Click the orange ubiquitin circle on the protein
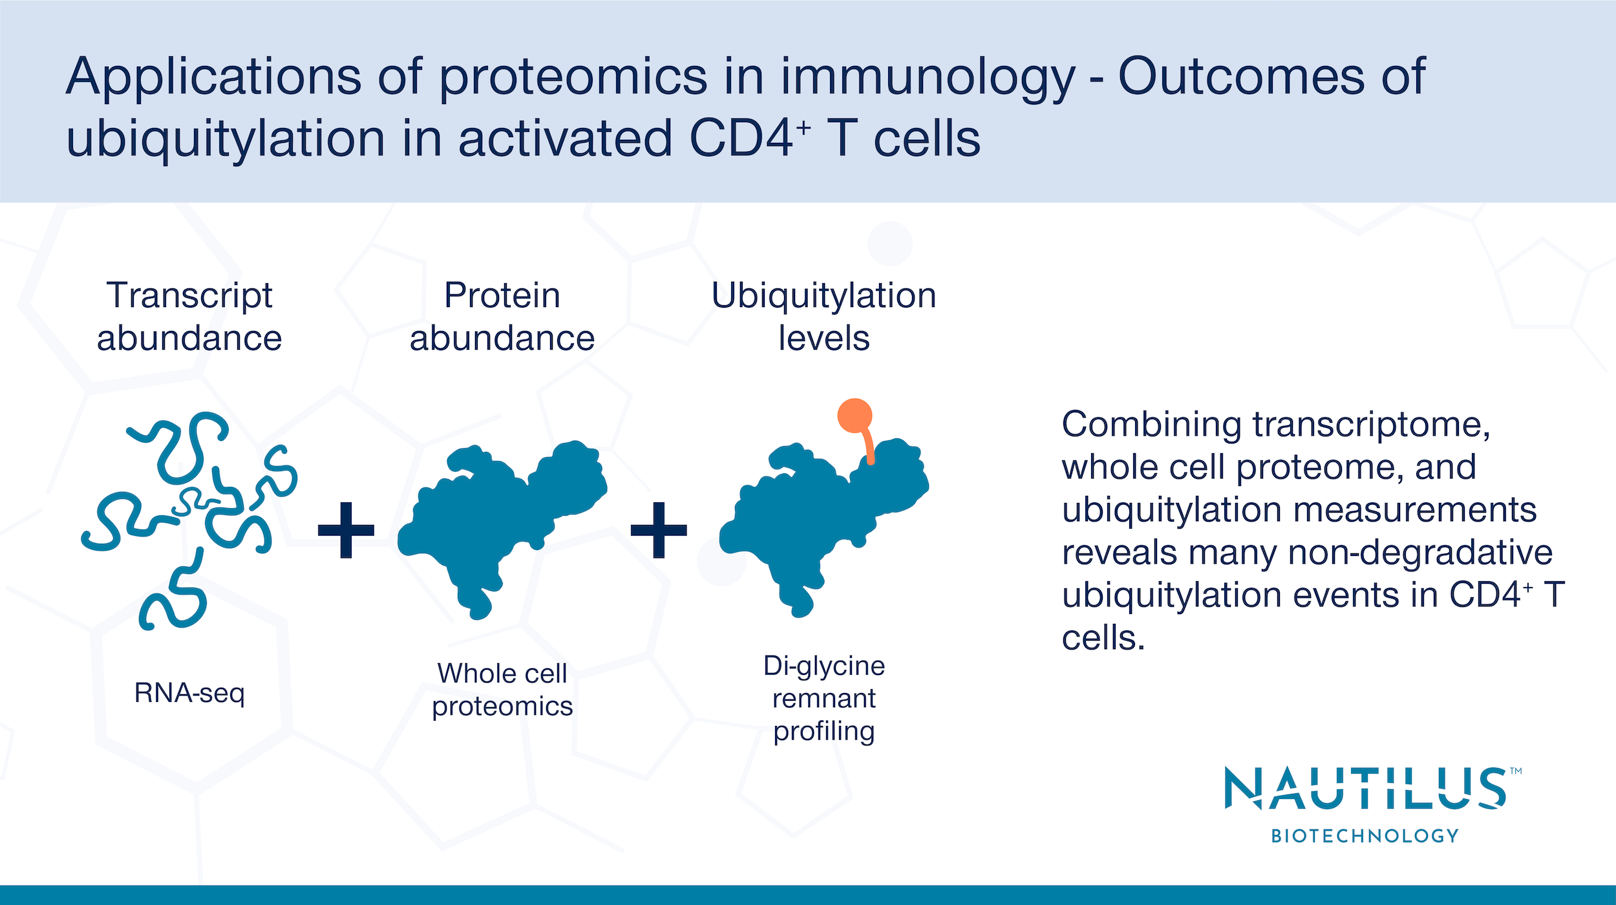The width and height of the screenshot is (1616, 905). coord(855,416)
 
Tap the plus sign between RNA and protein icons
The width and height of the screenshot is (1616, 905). coord(346,530)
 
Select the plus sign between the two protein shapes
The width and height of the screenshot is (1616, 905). coord(659,530)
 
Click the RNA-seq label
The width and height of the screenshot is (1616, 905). coord(189,693)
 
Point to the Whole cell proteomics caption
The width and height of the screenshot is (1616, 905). coord(502,690)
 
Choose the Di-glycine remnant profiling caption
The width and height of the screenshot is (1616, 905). coord(824,698)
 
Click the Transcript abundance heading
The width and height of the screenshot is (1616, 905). coord(189,317)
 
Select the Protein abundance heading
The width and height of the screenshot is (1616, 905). coord(502,317)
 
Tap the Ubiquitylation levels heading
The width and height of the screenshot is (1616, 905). coord(824,317)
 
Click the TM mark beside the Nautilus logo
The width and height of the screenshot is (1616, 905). coord(1516,771)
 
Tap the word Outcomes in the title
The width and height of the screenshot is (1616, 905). coord(1241,76)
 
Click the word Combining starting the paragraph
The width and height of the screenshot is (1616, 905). coord(1151,425)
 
